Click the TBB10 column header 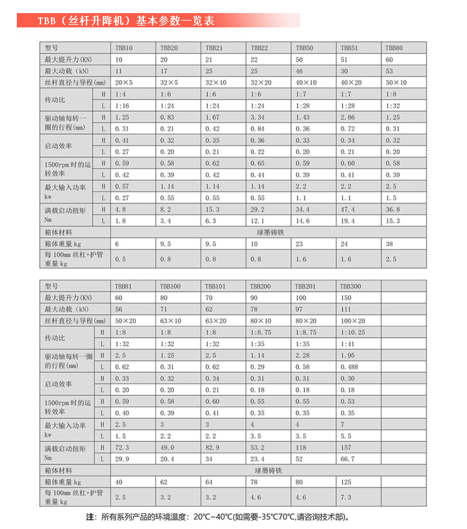pos(123,48)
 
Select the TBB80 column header pos(394,48)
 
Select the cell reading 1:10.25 pos(352,332)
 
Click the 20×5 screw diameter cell pos(123,82)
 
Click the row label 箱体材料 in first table pos(59,232)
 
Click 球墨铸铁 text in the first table pos(269,232)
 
